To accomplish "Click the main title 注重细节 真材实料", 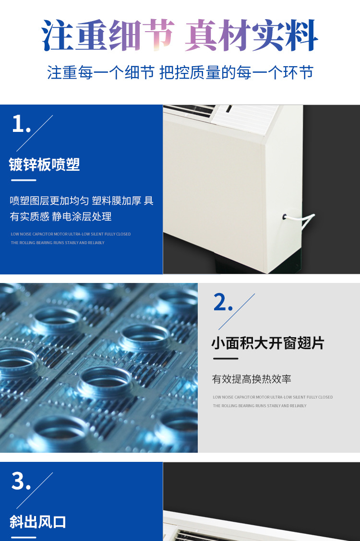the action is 180,35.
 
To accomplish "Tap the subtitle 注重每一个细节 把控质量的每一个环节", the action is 180,72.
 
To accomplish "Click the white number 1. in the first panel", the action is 21,124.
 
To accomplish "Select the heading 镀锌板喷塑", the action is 44,165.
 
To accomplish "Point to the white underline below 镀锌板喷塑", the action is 24,180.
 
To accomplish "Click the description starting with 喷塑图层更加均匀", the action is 82,200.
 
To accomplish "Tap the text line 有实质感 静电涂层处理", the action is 60,216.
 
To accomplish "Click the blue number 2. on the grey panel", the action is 223,302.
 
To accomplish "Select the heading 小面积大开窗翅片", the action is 267,343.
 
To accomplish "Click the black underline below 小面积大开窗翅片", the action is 226,358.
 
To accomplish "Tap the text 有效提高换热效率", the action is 252,379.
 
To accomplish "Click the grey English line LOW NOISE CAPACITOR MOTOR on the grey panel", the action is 273,397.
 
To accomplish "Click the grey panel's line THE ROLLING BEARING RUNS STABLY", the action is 260,406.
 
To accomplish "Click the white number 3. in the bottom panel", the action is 21,482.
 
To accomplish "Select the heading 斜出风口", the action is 37,522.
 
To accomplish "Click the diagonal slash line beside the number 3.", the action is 35,490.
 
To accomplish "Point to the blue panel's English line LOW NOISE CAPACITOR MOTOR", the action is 71,234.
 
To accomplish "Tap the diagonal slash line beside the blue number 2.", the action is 237,312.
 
